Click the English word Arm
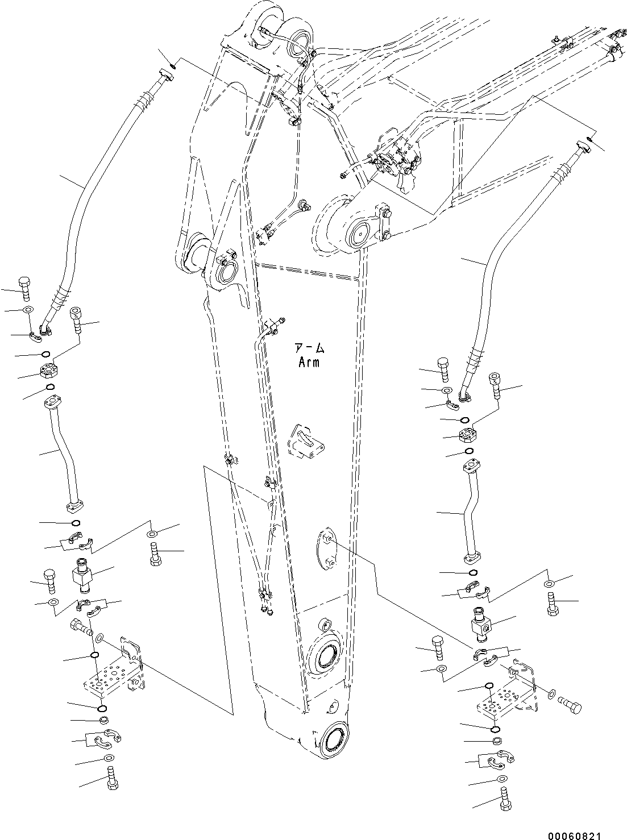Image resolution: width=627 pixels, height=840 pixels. [309, 362]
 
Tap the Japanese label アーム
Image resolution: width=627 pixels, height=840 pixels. [309, 348]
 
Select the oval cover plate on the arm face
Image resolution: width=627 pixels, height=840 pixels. [326, 548]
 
